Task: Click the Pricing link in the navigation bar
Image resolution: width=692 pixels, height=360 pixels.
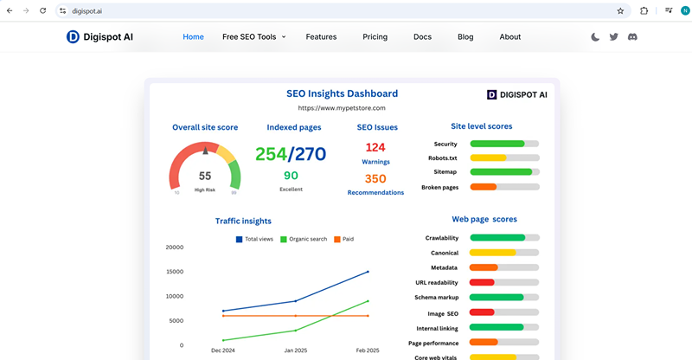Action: pos(375,37)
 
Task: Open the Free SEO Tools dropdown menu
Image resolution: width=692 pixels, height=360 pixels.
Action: pos(253,37)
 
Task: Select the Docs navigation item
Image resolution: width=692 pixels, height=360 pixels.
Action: pos(422,37)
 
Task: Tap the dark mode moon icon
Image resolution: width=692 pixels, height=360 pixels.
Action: pos(595,37)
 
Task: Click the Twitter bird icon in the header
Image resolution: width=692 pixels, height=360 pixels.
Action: pos(613,37)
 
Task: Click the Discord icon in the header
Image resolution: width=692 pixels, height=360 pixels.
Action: pos(632,37)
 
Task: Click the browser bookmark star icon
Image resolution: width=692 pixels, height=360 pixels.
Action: pos(620,10)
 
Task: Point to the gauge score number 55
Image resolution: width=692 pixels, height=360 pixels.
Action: pos(205,176)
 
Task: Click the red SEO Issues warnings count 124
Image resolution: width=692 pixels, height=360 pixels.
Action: pos(375,147)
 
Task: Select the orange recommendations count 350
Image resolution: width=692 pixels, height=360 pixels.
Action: pos(375,179)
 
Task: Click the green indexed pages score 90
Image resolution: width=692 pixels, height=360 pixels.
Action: pos(291,176)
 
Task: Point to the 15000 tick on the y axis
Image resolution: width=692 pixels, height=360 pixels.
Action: pos(174,272)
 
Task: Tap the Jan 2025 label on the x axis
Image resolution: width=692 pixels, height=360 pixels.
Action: pos(296,350)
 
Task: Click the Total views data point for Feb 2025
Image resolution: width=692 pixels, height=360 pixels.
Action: pos(368,272)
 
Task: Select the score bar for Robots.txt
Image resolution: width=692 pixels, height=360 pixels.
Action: pos(504,157)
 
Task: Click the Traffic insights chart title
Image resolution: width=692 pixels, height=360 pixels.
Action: pos(243,222)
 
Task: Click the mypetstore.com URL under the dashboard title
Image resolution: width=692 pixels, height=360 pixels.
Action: pos(342,108)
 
